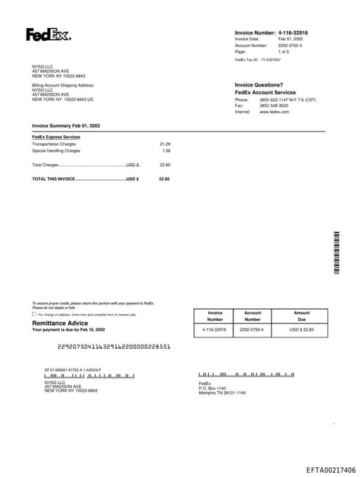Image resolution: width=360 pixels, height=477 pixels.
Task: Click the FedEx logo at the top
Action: coord(48,34)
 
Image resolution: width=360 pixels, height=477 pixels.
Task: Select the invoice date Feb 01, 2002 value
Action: coord(290,39)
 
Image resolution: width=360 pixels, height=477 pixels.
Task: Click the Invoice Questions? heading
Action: coord(259,84)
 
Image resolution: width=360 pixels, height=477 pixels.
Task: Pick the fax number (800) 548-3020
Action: coord(274,106)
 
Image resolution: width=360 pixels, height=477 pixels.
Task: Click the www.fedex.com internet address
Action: coord(274,112)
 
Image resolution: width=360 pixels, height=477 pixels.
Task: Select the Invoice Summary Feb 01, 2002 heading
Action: coord(66,125)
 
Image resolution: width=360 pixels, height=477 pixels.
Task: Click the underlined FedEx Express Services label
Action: coord(56,136)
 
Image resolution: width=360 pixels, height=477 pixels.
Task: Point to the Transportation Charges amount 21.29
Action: coord(165,144)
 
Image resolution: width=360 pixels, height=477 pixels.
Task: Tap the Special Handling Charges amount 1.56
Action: coord(166,151)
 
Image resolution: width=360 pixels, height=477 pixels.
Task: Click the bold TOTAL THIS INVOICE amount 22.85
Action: coord(165,179)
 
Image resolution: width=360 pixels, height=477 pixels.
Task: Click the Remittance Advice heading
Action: coord(60,323)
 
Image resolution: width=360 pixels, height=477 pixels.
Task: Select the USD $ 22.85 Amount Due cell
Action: coord(302,329)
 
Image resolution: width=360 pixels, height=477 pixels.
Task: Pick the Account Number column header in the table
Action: coord(252,316)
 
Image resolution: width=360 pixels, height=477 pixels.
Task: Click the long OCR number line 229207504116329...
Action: coord(112,347)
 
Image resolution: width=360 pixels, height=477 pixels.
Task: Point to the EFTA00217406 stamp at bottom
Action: coord(330,470)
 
